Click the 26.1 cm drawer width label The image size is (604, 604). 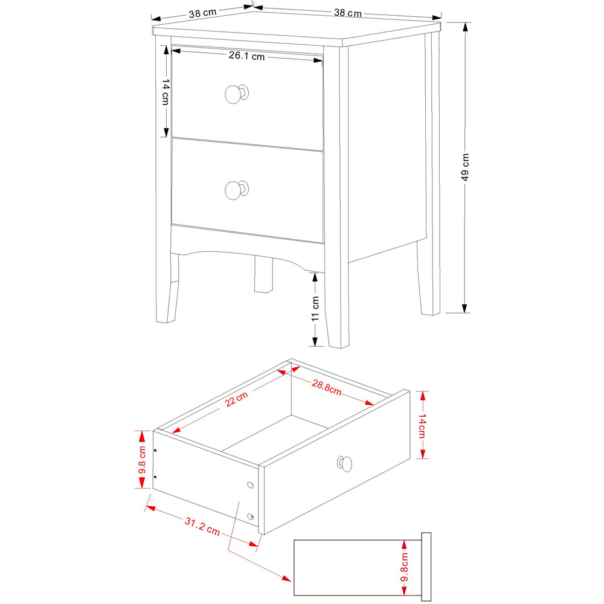coord(246,57)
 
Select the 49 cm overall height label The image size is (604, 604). coord(466,168)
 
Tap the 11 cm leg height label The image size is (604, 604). coord(315,309)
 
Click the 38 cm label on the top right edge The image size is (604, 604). coord(348,13)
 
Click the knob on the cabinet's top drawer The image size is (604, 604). coord(235,94)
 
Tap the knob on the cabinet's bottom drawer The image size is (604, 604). coord(236,190)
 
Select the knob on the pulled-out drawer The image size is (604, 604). coord(344,463)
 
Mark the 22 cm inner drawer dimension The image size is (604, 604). coord(237,399)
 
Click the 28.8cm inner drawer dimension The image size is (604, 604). coord(327,387)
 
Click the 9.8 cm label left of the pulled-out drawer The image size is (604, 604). coord(142,460)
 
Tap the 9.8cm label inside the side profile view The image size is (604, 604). coord(405,568)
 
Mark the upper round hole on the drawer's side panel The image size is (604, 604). coord(251,485)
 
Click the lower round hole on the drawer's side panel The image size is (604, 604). coord(251,516)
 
